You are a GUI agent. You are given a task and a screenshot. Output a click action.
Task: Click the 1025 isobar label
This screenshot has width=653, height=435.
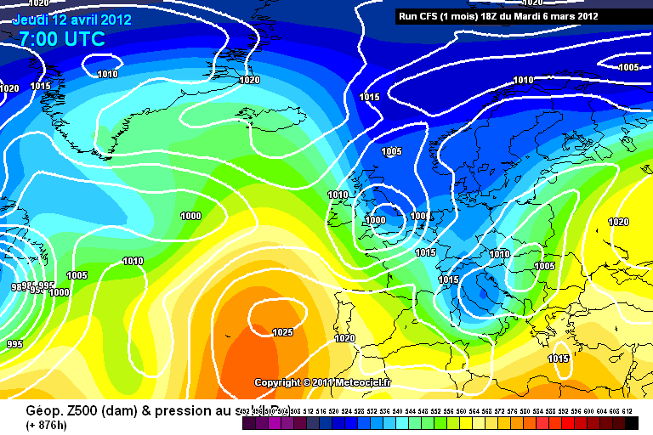[x=283, y=332]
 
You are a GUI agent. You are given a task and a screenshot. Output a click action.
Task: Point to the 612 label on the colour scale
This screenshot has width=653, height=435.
[x=627, y=411]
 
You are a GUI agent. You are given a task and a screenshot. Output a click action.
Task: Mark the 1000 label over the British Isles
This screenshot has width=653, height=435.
[x=375, y=220]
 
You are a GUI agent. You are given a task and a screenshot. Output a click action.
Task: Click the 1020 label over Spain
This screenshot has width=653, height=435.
[x=344, y=338]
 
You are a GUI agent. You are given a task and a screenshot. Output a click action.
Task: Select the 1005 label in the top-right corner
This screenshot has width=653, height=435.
[x=628, y=67]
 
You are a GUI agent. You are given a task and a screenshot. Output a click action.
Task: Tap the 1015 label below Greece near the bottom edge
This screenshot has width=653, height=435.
[x=559, y=359]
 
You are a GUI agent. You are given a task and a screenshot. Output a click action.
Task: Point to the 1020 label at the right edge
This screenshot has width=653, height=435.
[x=618, y=222]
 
